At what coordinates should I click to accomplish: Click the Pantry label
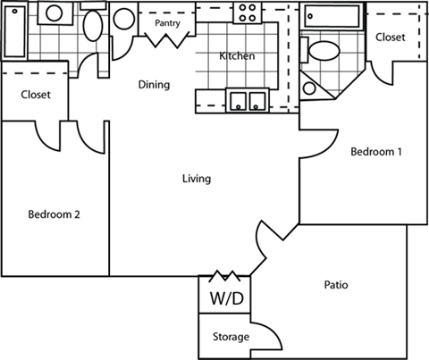(165, 22)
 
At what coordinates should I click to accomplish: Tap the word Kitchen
(238, 56)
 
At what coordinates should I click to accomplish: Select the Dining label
(154, 86)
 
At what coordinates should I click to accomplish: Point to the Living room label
(196, 179)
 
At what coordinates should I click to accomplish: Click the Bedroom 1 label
(375, 152)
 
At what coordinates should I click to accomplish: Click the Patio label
(336, 286)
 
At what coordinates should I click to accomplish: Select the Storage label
(231, 337)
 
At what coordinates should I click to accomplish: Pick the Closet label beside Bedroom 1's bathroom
(390, 37)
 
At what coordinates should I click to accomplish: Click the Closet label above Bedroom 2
(35, 94)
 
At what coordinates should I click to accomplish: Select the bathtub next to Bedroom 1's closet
(332, 17)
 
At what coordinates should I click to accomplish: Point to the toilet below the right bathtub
(324, 51)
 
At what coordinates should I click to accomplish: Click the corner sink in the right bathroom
(314, 85)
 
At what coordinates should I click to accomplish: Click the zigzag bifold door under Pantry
(169, 39)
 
